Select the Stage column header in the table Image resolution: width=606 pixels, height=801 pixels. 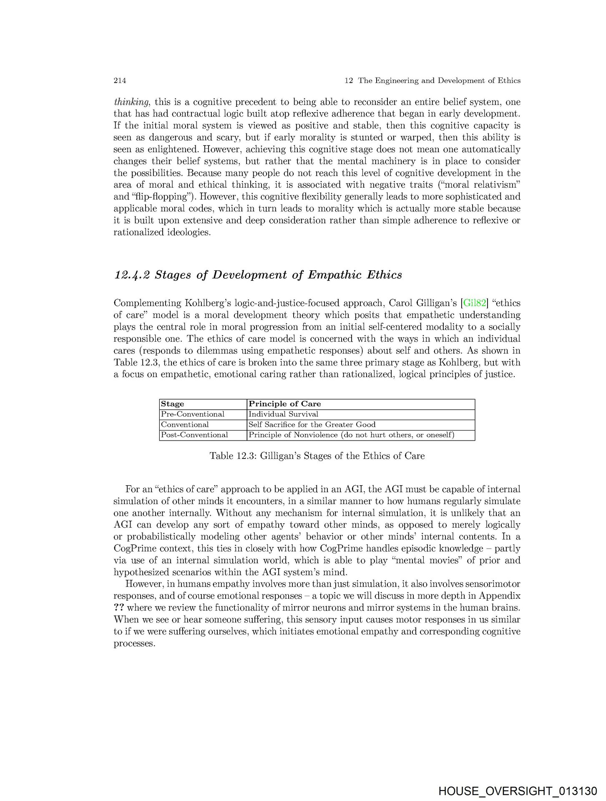point(173,404)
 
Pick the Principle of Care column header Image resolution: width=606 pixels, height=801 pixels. point(285,404)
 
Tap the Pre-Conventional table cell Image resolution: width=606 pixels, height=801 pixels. point(193,414)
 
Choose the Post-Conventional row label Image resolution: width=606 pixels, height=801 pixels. point(194,435)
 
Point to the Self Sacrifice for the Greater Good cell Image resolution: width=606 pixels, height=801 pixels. point(312,425)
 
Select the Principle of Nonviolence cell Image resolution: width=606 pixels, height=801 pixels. point(351,435)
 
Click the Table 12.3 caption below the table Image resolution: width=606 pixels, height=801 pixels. point(317,456)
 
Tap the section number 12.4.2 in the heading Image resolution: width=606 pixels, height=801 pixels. point(132,275)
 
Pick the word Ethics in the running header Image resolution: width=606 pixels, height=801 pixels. point(509,81)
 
